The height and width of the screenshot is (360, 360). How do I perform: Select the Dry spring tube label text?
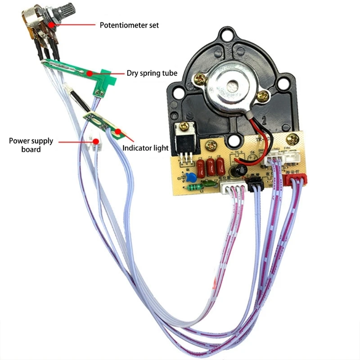(x=152, y=73)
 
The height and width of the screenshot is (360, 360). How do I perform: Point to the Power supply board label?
(x=31, y=144)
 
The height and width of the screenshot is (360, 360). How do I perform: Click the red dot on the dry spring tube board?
(x=90, y=72)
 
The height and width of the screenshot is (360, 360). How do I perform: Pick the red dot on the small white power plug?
(x=96, y=142)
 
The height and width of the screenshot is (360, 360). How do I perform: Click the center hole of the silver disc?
(x=233, y=85)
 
